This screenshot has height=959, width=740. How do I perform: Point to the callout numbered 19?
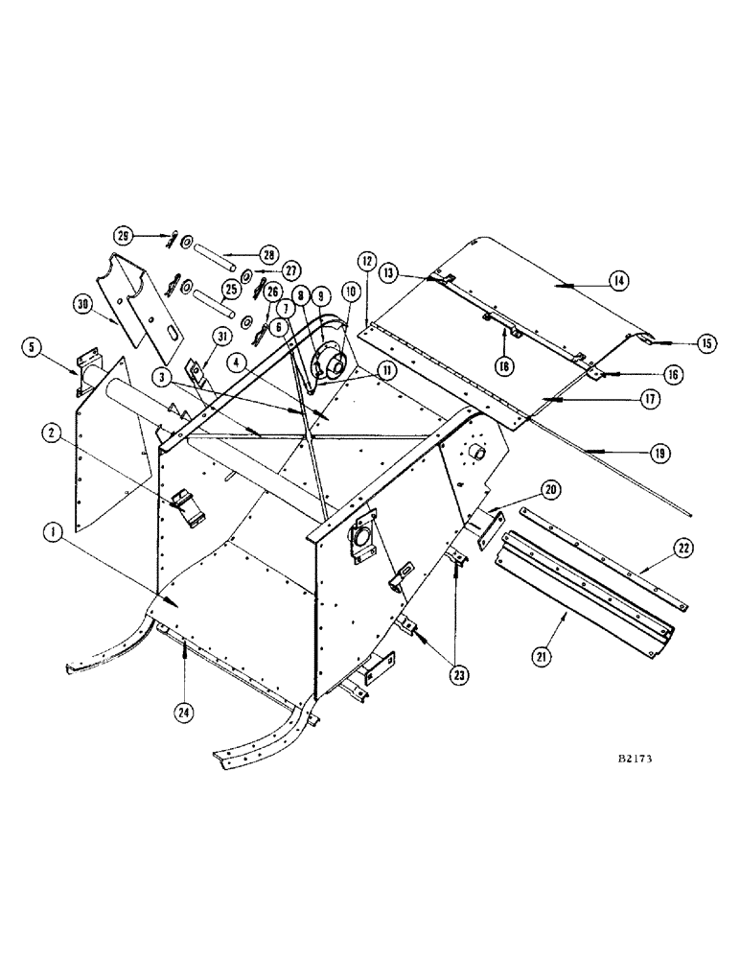(x=655, y=454)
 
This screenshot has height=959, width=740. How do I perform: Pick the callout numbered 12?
(x=366, y=261)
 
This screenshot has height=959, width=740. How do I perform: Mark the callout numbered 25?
(x=229, y=288)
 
